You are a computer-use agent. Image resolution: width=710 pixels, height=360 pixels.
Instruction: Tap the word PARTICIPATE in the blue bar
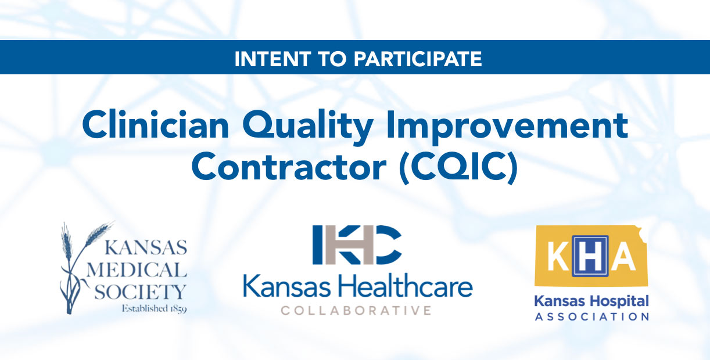coord(418,59)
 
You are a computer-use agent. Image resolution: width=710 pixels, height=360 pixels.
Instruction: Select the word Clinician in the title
coord(155,124)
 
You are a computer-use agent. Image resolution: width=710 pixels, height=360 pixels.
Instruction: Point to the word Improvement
coord(507,126)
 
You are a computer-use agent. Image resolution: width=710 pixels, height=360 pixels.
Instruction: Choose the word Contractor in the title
coord(289,166)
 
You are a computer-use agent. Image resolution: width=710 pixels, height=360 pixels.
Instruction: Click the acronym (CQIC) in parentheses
coord(458,167)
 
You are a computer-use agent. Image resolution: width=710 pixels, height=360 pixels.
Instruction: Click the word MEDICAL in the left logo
coord(137,270)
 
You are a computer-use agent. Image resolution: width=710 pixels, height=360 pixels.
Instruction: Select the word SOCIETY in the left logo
coord(140,292)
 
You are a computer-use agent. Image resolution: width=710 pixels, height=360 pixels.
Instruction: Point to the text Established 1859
coord(155,308)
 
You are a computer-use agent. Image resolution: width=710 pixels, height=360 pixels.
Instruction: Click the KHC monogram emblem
coord(357,244)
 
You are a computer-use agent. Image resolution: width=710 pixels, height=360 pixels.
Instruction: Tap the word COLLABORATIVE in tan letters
coord(356,311)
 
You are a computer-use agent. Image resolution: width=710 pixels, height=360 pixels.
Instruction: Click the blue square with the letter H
coord(590,256)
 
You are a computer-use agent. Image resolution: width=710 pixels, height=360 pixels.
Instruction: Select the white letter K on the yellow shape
coord(558,256)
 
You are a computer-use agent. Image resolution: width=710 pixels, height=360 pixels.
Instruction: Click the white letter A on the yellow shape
coord(623,256)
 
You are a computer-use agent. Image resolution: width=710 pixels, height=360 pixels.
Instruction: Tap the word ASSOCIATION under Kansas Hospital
coord(592,316)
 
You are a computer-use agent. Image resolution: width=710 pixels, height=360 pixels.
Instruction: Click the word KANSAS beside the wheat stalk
coord(146,247)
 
